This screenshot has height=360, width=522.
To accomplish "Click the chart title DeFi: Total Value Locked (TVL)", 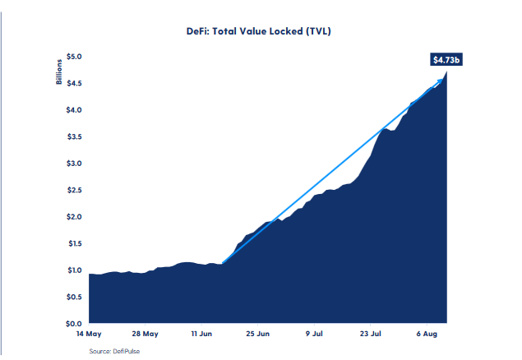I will [x=259, y=31].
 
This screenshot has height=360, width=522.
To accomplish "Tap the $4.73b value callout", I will [x=446, y=59].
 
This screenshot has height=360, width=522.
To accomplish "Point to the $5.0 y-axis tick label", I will [x=73, y=57].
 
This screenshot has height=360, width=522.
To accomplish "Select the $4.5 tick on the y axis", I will [x=73, y=83].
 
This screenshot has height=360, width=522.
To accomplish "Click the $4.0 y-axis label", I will [x=73, y=110].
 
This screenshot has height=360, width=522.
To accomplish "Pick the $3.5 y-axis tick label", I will [x=73, y=136].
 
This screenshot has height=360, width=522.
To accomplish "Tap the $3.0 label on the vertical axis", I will [x=73, y=164].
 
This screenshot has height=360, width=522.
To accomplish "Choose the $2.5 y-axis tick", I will [x=73, y=190].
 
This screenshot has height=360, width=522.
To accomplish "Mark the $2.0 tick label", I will [x=73, y=217].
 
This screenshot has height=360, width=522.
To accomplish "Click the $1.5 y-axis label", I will [x=73, y=243].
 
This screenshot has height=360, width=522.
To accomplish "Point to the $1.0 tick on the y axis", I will [x=73, y=270].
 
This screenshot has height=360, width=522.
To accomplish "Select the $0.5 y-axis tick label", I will [x=73, y=297].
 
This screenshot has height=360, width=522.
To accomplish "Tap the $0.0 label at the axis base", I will [x=73, y=323].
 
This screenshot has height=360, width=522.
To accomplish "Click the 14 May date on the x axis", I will [x=88, y=335].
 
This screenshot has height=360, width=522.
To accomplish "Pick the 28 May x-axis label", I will [x=145, y=335].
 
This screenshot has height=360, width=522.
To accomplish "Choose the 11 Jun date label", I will [x=202, y=335].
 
